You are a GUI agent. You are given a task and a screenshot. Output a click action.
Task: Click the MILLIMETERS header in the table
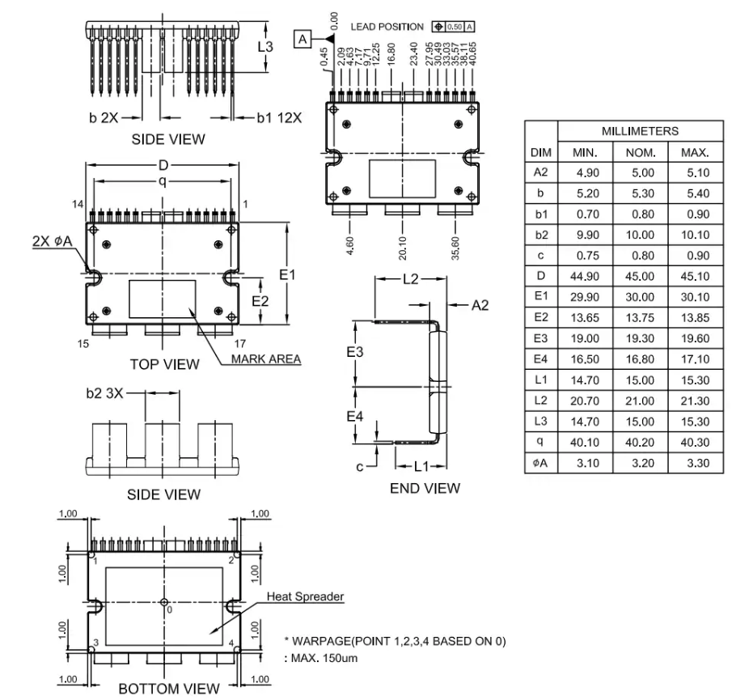pyautogui.click(x=640, y=131)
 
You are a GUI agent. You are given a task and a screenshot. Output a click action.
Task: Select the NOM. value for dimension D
pyautogui.click(x=640, y=276)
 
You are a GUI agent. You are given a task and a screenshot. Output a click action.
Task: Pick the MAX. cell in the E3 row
pyautogui.click(x=695, y=338)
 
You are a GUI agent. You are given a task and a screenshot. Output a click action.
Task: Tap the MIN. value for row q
pyautogui.click(x=585, y=442)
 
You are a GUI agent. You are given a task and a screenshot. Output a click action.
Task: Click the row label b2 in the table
pyautogui.click(x=541, y=235)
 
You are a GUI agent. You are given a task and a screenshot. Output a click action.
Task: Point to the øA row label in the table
pyautogui.click(x=540, y=463)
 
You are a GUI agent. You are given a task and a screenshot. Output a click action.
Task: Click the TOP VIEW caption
pyautogui.click(x=164, y=364)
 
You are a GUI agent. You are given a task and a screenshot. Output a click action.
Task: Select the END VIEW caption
pyautogui.click(x=425, y=489)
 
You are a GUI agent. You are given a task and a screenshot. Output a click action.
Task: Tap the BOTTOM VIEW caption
pyautogui.click(x=168, y=689)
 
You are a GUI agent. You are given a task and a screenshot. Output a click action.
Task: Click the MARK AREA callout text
pyautogui.click(x=266, y=358)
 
